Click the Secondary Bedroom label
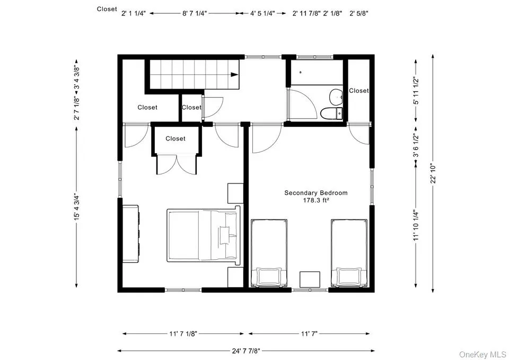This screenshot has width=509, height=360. coord(316,193)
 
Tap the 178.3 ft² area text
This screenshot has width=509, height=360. coord(316,201)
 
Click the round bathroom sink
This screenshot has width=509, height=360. coord(336,97)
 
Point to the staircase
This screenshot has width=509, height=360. coord(193,74)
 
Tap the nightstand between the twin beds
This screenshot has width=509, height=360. coord(310,279)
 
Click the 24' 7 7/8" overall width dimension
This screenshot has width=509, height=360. coord(246,350)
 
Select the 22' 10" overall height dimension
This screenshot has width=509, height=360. coord(433,173)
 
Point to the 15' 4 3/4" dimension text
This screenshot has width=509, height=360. coord(77,207)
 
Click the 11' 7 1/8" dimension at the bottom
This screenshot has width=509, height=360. coord(183,333)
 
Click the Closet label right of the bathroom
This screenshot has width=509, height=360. coord(358,91)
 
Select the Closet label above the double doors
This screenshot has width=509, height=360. coord(175,138)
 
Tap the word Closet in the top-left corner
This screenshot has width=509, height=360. coord(107,9)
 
